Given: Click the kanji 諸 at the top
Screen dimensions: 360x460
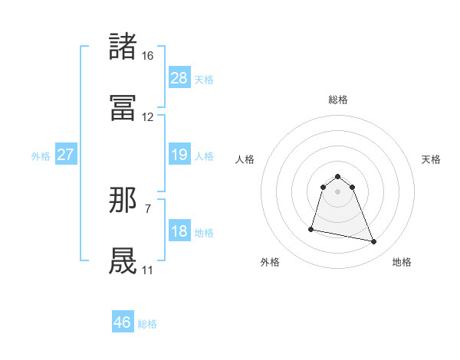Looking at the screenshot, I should [x=124, y=47].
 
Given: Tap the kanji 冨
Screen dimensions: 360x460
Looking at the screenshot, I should [x=124, y=108].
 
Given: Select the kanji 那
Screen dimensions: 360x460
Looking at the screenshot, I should [x=124, y=200].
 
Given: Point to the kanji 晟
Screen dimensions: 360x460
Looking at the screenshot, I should [x=124, y=261].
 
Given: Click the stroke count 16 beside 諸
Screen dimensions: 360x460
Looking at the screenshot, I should [x=148, y=56].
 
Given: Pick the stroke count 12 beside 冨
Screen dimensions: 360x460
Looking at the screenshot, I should [x=148, y=117].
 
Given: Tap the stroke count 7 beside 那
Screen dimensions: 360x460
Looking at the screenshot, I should [x=148, y=208].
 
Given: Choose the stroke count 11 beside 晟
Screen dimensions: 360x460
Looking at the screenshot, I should [x=148, y=270].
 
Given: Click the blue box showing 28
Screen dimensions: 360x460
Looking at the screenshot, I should [x=179, y=78].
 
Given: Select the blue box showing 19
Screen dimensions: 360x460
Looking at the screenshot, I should [x=179, y=155].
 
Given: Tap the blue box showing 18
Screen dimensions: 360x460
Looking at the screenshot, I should [x=179, y=231].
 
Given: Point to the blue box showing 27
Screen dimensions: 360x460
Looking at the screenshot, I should [x=65, y=155].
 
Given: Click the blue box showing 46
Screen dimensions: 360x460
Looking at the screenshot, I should [x=122, y=322].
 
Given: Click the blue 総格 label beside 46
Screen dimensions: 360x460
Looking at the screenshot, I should [x=147, y=324].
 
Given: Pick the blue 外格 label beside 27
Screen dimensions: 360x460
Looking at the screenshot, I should [x=41, y=156].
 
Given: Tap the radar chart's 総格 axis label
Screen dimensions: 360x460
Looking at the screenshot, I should [x=338, y=100].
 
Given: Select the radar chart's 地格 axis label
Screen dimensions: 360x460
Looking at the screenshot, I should [x=402, y=262].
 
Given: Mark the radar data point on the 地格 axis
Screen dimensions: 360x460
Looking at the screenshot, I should [x=374, y=242].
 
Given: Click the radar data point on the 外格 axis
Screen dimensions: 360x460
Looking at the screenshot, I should [x=312, y=228].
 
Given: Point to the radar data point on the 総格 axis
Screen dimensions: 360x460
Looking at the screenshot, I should [x=338, y=173].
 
